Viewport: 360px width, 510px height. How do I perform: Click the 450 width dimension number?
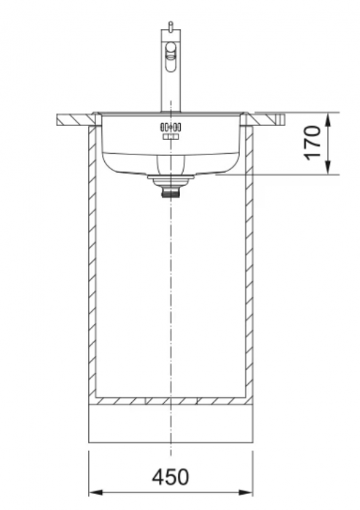tap(170, 477)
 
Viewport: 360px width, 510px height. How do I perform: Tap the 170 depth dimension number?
tap(312, 143)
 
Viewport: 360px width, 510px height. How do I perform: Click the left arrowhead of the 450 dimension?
tap(94, 493)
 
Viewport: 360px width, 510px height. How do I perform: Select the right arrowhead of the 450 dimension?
tap(248, 493)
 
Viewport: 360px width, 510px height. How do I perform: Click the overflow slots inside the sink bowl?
tap(171, 127)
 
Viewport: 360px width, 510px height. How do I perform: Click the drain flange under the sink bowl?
tap(171, 177)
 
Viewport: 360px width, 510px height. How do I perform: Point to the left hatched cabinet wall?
tap(93, 262)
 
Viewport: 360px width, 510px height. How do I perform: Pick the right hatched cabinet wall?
tap(249, 262)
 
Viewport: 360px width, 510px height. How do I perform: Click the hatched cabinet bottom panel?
tap(171, 400)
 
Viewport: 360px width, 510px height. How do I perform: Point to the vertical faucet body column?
tap(170, 87)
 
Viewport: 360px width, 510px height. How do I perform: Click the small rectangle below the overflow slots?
tap(171, 137)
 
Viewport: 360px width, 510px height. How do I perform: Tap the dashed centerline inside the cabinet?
tap(171, 291)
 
